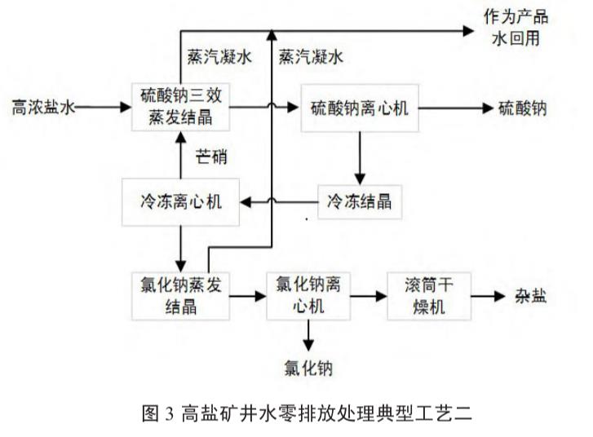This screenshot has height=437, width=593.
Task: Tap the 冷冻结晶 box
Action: pos(360,200)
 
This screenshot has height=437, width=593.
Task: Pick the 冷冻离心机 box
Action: pos(180,199)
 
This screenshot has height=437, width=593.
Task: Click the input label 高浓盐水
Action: pos(40,106)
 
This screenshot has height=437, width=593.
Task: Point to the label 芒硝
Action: pos(211,155)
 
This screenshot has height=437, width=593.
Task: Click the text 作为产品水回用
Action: pos(516,28)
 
